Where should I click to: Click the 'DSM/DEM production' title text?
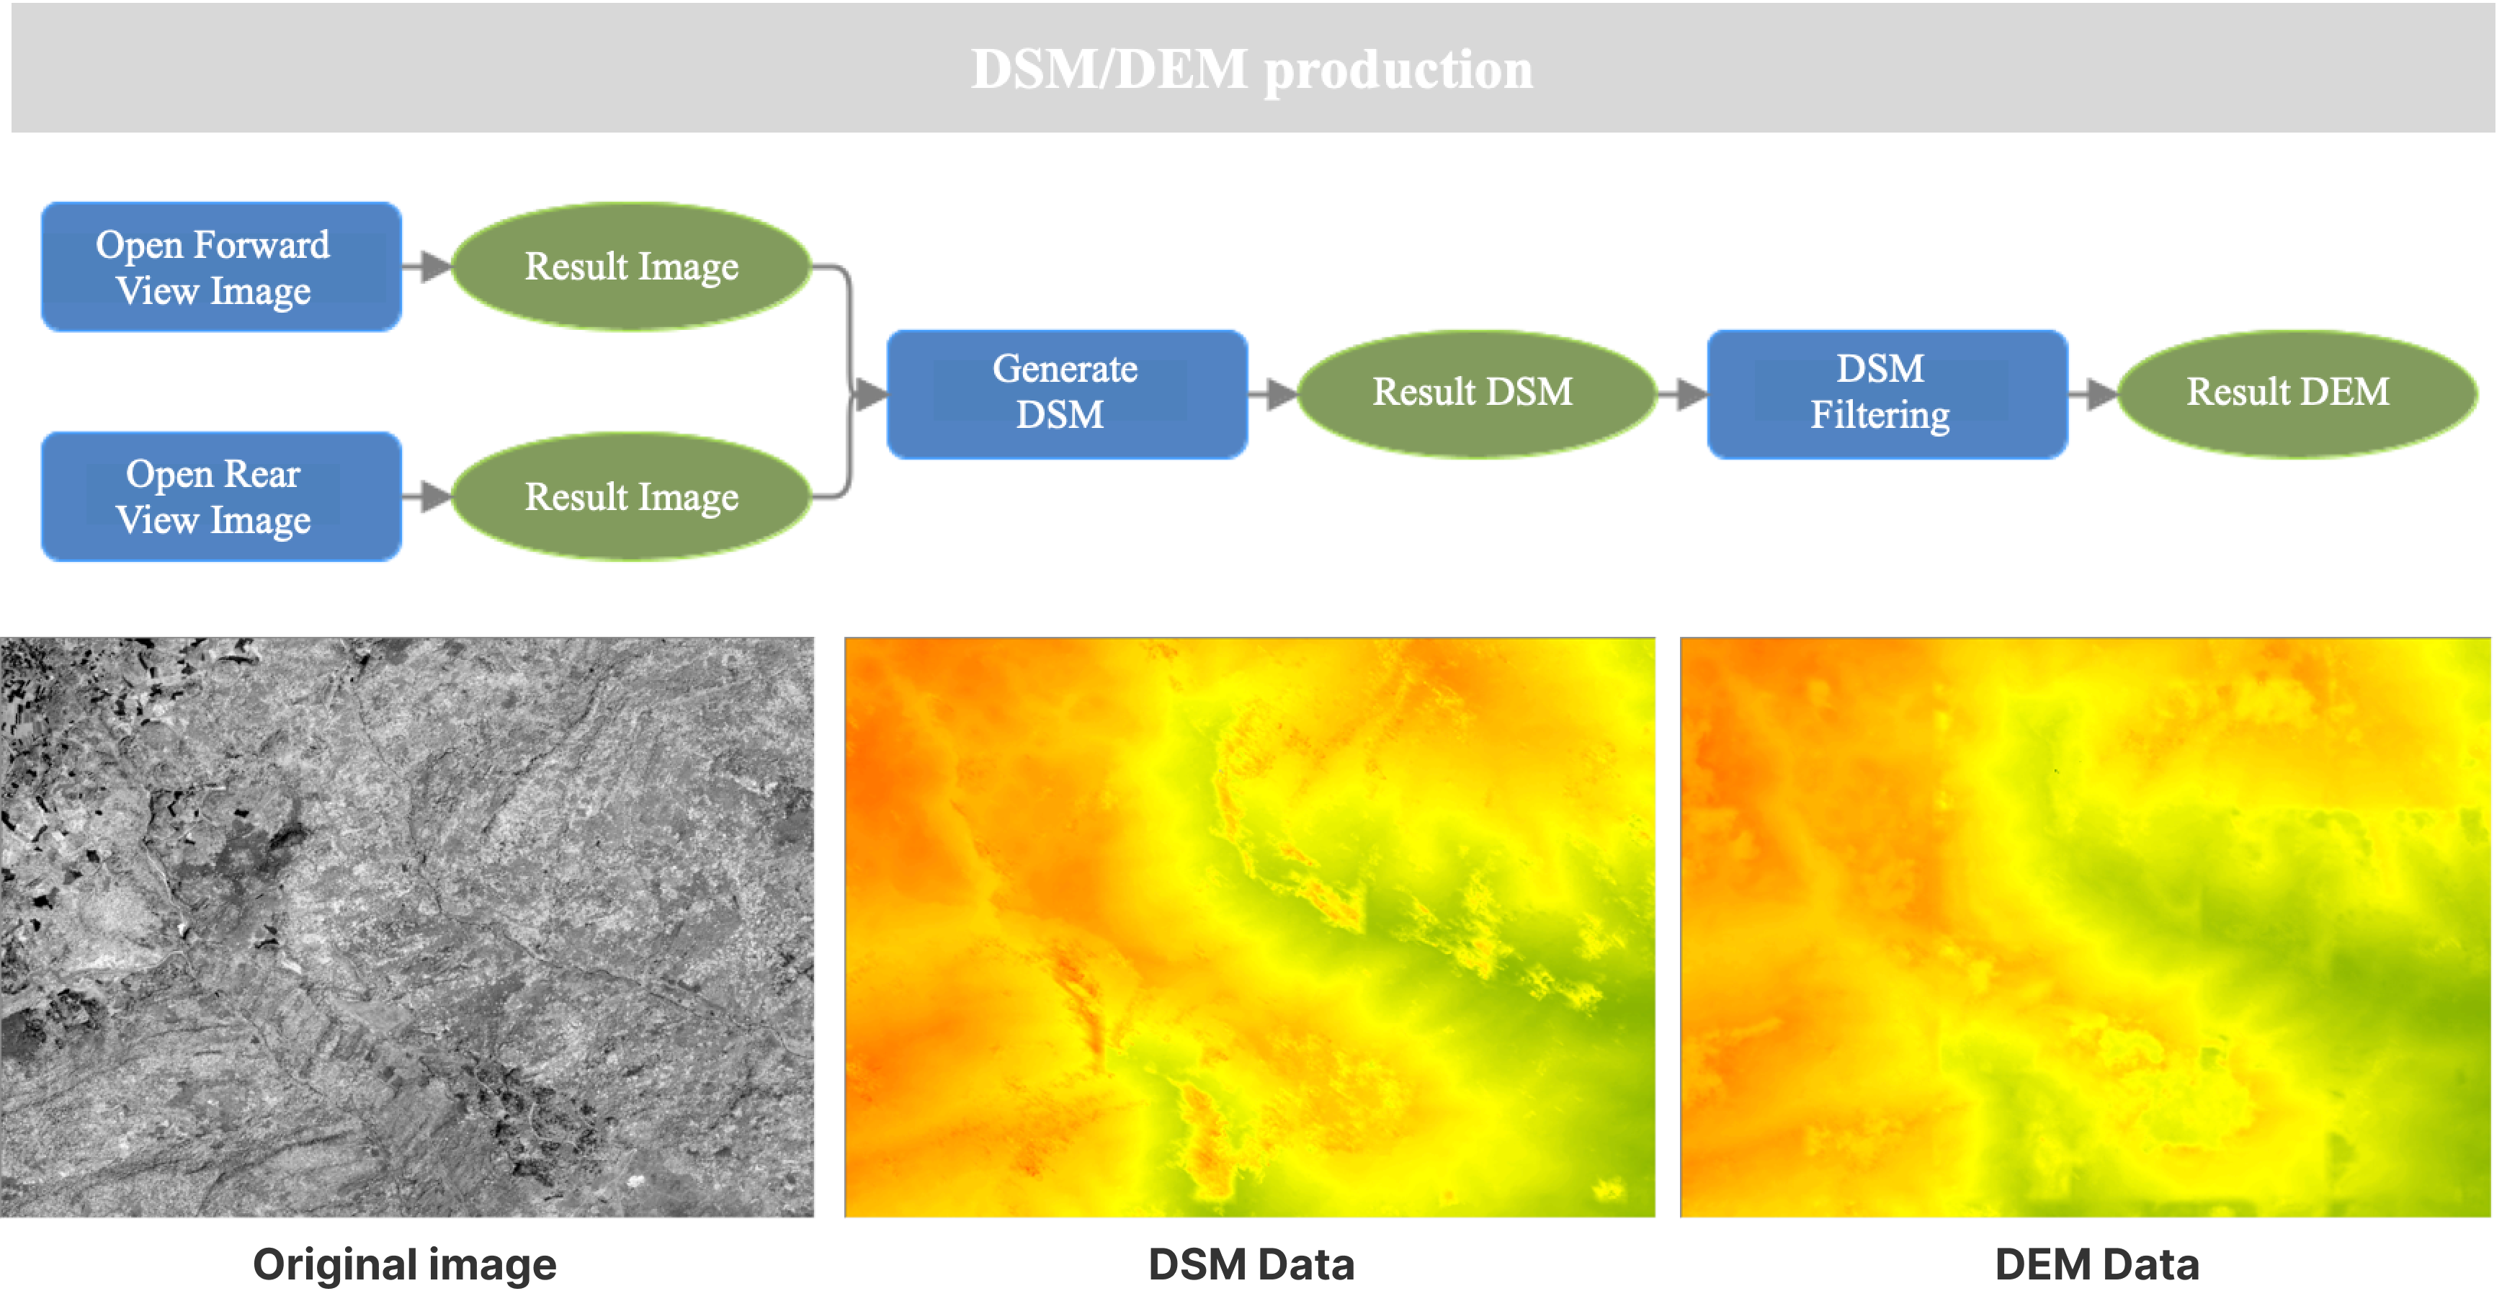pos(1251,70)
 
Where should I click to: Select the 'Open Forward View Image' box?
pos(221,267)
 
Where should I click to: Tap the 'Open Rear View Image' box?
pos(221,496)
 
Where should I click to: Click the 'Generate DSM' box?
pos(1067,394)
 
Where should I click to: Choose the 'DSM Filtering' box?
pos(1887,394)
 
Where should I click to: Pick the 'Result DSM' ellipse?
pos(1476,393)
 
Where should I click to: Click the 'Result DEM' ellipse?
pos(2297,393)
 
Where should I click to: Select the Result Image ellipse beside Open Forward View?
pos(632,267)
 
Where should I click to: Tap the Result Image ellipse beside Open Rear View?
pos(632,496)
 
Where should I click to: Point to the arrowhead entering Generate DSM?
pos(871,394)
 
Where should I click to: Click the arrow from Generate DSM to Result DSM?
pos(1273,394)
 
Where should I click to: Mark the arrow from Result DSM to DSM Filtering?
pos(1681,394)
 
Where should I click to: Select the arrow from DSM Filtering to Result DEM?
pos(2093,394)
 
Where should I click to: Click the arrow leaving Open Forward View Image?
pos(427,266)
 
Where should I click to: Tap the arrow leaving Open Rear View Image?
pos(427,496)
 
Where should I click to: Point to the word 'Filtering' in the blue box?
pos(1880,416)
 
